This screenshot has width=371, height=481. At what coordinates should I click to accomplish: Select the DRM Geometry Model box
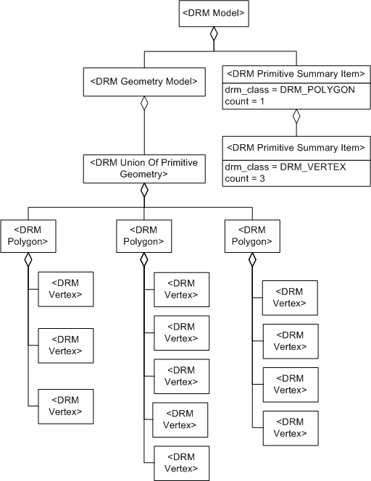coord(143,82)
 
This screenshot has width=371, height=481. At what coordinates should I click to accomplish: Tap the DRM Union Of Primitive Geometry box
coord(143,168)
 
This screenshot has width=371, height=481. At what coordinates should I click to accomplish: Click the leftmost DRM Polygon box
coord(28,235)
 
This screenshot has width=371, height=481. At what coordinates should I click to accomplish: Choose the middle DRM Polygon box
coord(143,235)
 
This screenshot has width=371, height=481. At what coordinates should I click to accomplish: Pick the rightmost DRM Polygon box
coord(252,235)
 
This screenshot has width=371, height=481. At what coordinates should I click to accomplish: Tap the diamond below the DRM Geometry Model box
coord(143,104)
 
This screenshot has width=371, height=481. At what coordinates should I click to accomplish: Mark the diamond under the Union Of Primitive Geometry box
coord(143,190)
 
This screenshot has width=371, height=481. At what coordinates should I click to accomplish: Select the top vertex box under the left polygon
coord(65,289)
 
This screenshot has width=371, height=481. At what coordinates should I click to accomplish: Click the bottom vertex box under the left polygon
coord(65,406)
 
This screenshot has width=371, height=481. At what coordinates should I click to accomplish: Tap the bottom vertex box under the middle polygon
coord(181,464)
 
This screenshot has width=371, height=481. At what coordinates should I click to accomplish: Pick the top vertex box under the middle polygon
coord(181,289)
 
